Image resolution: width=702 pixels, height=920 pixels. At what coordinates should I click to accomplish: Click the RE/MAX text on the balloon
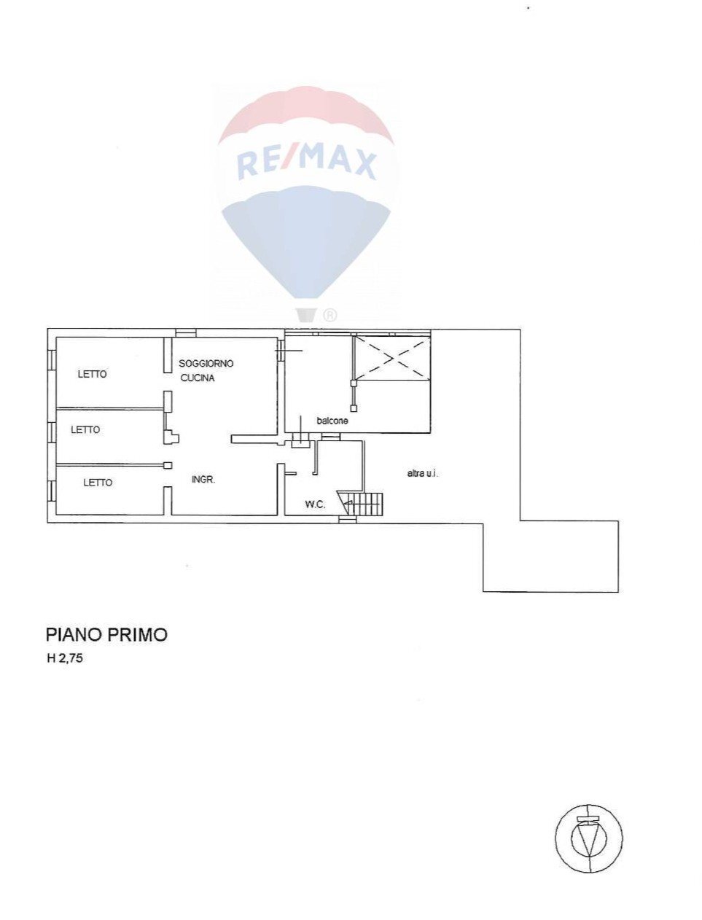pyautogui.click(x=306, y=161)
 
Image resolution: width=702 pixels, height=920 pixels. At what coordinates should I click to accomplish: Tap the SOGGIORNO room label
pyautogui.click(x=206, y=363)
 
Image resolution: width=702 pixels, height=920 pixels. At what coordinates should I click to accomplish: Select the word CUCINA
pyautogui.click(x=198, y=378)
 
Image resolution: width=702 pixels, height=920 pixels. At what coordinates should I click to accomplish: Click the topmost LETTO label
pyautogui.click(x=93, y=374)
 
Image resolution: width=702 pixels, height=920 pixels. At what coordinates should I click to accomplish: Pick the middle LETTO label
pyautogui.click(x=85, y=429)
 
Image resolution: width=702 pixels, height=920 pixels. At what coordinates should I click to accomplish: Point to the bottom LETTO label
pyautogui.click(x=98, y=482)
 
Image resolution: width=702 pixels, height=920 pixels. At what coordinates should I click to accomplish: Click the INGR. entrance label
pyautogui.click(x=203, y=479)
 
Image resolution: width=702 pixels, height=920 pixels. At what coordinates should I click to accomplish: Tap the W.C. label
pyautogui.click(x=315, y=504)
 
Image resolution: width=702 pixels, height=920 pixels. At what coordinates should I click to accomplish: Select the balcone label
pyautogui.click(x=332, y=421)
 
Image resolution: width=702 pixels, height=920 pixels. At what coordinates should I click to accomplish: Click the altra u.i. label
pyautogui.click(x=423, y=473)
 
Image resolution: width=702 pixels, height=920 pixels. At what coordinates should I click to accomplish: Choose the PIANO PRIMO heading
pyautogui.click(x=106, y=634)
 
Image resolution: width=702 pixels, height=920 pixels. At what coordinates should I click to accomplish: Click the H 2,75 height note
pyautogui.click(x=66, y=658)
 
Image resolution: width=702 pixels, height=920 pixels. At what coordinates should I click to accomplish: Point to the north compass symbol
pyautogui.click(x=589, y=838)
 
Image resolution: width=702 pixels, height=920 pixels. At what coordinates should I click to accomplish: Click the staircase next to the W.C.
pyautogui.click(x=364, y=504)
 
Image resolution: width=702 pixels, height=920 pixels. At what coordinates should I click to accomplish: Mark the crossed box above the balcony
pyautogui.click(x=391, y=357)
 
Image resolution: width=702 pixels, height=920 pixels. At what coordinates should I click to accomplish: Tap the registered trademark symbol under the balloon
pyautogui.click(x=329, y=315)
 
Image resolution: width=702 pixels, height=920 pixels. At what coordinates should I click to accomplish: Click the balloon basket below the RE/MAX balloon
pyautogui.click(x=306, y=314)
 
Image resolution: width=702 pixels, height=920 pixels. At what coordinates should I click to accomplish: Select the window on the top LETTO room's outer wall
pyautogui.click(x=52, y=359)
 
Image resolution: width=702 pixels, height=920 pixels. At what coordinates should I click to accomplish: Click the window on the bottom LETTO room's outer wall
pyautogui.click(x=52, y=490)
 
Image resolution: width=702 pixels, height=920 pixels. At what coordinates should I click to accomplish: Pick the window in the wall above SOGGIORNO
pyautogui.click(x=186, y=332)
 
